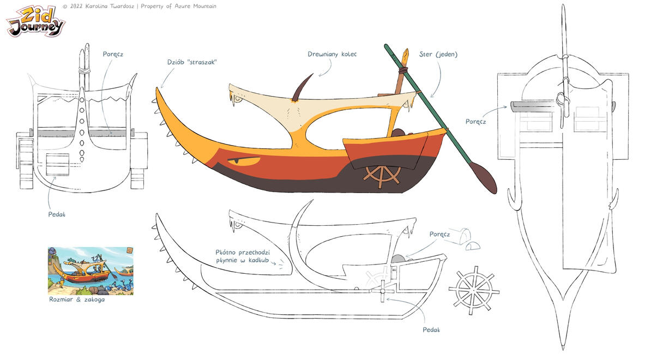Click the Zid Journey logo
click(x=35, y=22)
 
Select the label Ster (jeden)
click(x=438, y=54)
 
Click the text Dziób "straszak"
click(x=192, y=62)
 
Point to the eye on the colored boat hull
click(x=243, y=160)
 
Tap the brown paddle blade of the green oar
click(x=485, y=178)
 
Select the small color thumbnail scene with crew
click(x=91, y=271)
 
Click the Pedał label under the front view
click(x=56, y=214)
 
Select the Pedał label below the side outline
click(x=431, y=329)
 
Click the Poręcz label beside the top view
click(x=475, y=122)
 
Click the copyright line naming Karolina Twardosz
click(x=139, y=6)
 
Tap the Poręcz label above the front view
click(x=113, y=54)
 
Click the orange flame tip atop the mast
click(x=405, y=55)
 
